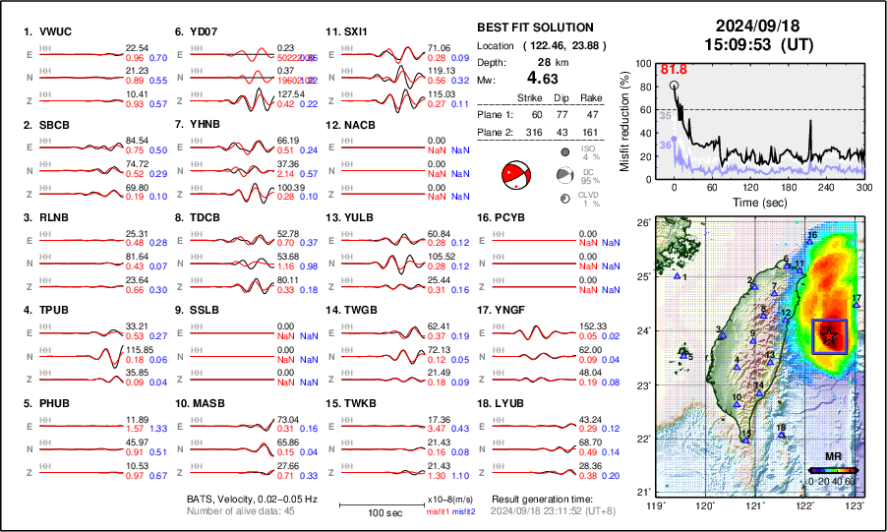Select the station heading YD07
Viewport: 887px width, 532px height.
[x=204, y=31]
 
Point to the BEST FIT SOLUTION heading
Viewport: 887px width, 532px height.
[x=534, y=28]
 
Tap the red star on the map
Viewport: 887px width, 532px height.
[x=830, y=336]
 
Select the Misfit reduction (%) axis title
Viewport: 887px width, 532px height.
[x=624, y=119]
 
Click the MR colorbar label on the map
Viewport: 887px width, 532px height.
[x=833, y=457]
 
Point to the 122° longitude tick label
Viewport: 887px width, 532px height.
[x=804, y=504]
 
